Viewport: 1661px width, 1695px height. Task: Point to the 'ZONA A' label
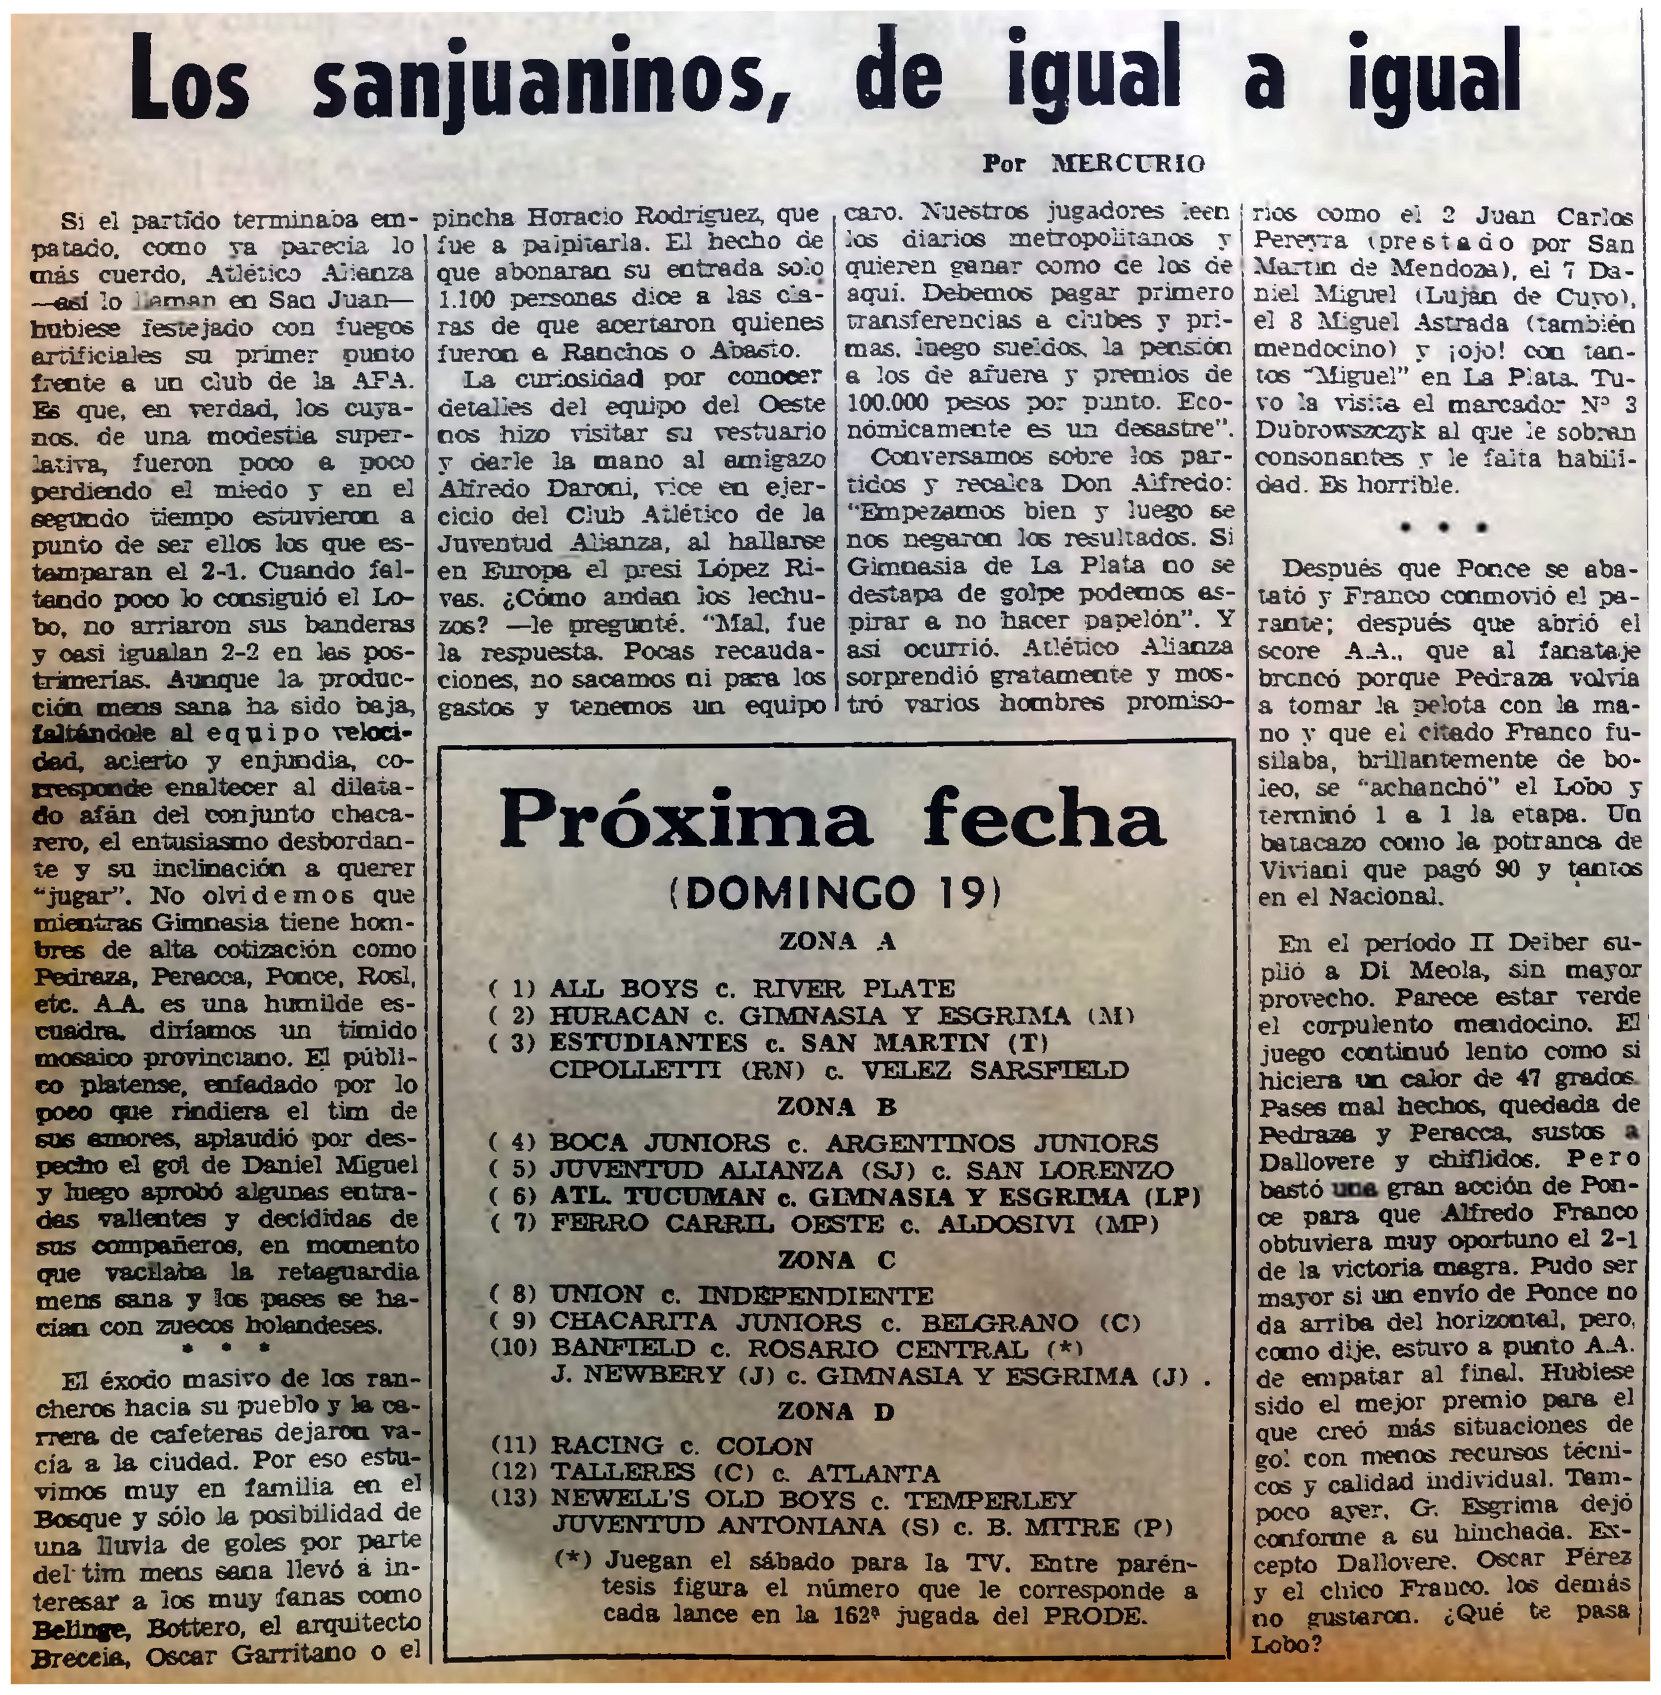click(838, 941)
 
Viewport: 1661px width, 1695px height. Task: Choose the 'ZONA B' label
click(838, 1106)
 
